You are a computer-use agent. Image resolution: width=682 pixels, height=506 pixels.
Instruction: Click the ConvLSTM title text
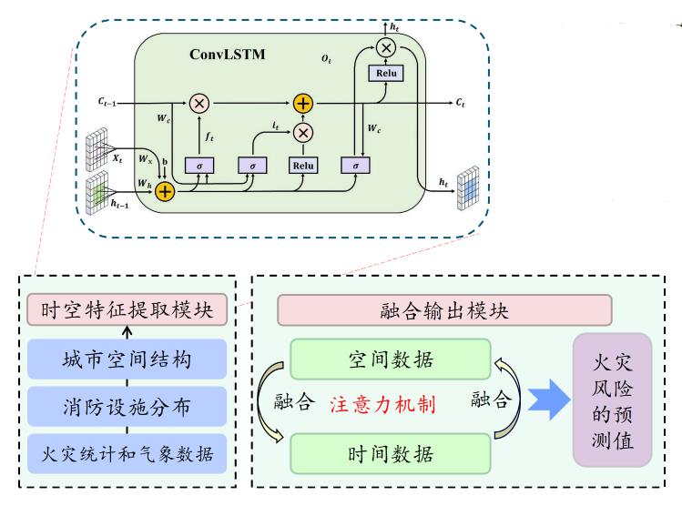coord(227,55)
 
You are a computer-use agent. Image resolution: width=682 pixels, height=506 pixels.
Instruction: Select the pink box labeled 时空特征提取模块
coord(127,309)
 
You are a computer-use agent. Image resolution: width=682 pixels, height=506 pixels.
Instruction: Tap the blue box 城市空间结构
coord(127,359)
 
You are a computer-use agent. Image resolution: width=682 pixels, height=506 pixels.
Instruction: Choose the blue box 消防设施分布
coord(127,407)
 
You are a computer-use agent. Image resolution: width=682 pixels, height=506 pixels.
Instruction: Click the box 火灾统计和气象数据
coord(127,454)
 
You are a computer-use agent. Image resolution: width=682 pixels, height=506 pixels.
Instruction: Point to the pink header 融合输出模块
coord(444,310)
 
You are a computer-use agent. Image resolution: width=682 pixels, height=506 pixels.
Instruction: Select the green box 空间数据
coord(391,359)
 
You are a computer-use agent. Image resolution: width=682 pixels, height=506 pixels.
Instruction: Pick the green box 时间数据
coord(391,454)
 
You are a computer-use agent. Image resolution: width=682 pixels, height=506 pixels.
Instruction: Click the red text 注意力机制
coord(382,405)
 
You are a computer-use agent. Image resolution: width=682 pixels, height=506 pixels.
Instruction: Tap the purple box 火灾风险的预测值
coord(613,400)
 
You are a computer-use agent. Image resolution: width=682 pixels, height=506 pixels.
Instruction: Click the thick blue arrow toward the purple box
coord(549,400)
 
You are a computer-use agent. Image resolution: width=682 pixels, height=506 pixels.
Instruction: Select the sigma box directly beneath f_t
coord(199,166)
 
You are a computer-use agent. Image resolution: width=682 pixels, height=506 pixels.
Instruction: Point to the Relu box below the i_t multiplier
coord(303,166)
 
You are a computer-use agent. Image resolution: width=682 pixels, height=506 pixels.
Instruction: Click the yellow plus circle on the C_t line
coord(303,104)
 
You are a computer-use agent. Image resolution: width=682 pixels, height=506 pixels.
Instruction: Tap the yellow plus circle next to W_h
coord(165,192)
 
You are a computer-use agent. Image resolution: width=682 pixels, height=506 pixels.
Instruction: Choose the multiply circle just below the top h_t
coord(386,47)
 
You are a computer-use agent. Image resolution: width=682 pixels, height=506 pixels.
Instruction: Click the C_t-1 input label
coord(107,103)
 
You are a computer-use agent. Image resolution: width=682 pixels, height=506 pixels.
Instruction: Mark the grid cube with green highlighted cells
coord(97,194)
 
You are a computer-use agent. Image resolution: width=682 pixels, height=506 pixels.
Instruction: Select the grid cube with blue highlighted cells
coord(468,188)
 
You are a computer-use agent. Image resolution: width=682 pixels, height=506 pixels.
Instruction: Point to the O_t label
coord(326,59)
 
